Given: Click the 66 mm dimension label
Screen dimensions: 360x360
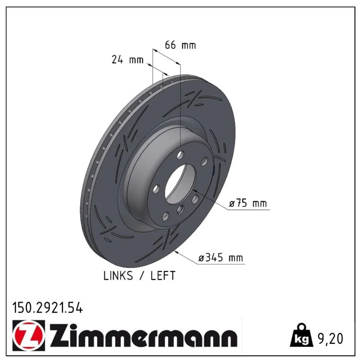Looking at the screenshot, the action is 180,45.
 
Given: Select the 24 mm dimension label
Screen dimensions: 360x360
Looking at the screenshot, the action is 128,60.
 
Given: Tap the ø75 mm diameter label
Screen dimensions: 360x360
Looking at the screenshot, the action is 248,203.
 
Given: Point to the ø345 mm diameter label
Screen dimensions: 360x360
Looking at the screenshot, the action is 220,257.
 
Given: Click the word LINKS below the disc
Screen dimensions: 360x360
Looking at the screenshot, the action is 118,275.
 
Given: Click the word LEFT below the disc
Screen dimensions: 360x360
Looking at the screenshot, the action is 163,275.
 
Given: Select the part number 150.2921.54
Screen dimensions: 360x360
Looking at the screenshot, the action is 47,308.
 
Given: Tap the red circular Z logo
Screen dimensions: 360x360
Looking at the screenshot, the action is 29,335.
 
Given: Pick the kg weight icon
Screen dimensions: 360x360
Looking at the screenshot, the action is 301,335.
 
